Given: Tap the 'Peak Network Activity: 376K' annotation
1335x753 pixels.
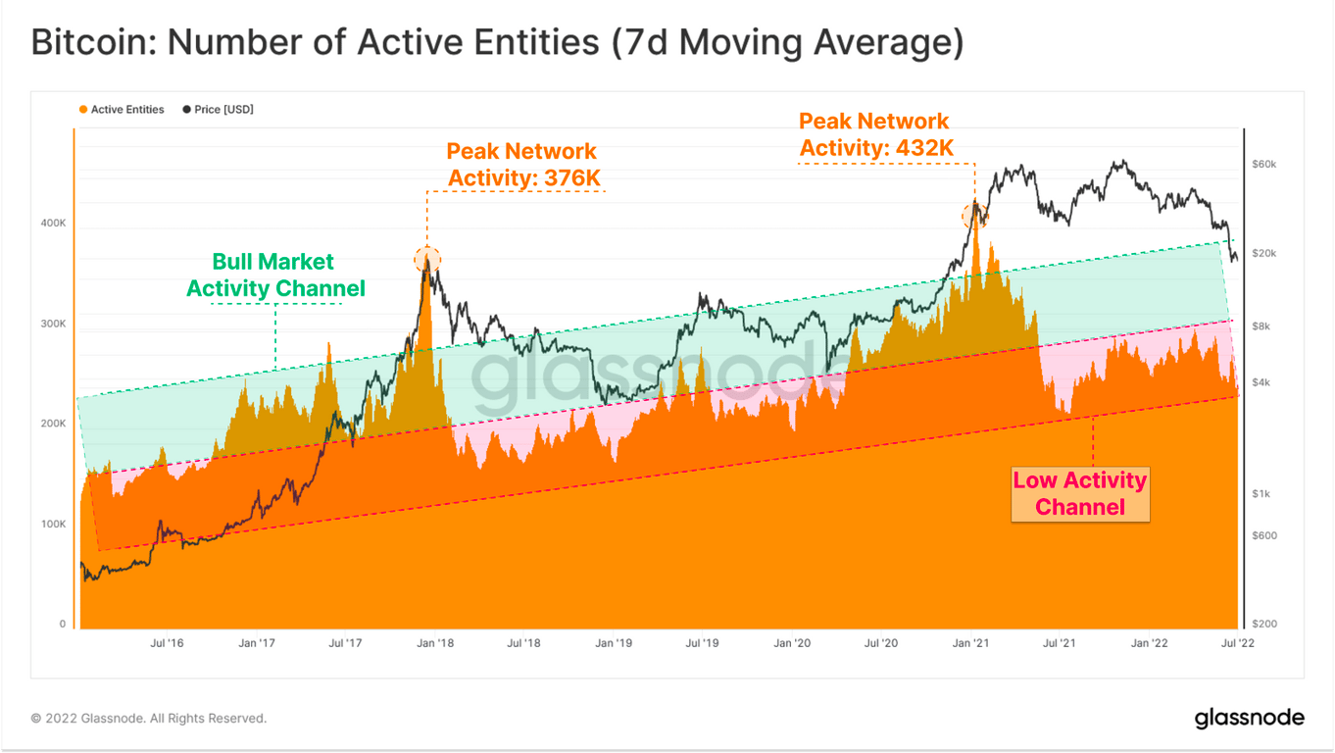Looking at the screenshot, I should (x=522, y=165).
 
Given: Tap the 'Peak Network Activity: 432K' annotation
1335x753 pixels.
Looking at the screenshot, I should (x=874, y=134).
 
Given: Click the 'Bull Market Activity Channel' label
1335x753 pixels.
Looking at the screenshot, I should (x=275, y=276).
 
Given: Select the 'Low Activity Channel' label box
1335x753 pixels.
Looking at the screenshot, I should (x=1080, y=493).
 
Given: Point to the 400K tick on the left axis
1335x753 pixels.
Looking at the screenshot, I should (x=52, y=224).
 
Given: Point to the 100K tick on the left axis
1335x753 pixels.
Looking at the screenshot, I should (x=52, y=525).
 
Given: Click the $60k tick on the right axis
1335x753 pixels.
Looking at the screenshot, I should (x=1263, y=165).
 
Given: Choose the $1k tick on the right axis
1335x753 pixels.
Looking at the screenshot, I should (x=1261, y=494).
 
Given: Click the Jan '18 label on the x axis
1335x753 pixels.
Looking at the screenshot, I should (x=434, y=644).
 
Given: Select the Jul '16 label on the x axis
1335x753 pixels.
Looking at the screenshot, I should (x=167, y=644).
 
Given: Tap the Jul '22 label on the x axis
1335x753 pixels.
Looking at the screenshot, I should (x=1237, y=644).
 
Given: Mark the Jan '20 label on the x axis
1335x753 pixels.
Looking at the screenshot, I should (x=791, y=644).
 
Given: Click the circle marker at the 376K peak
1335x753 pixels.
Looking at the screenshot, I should (x=427, y=259).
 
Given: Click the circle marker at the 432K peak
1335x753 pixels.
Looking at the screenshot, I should (x=975, y=216).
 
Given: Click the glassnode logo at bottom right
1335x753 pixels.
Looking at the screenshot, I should (x=1249, y=719).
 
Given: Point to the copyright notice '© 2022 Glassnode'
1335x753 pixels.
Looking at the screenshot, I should (x=149, y=719).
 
